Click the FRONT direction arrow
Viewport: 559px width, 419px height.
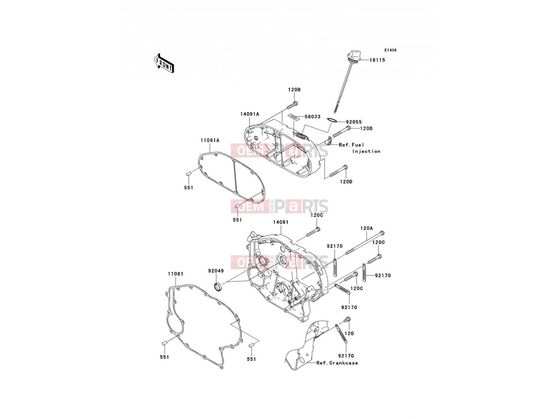(x=164, y=64)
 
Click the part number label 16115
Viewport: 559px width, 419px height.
(x=377, y=60)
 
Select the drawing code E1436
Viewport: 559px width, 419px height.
(x=390, y=50)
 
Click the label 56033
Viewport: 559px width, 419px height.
(x=312, y=117)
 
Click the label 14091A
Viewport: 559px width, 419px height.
(x=249, y=114)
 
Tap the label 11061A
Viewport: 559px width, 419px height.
(x=210, y=140)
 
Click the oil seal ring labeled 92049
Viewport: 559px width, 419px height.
(x=218, y=287)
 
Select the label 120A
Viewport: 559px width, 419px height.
(x=366, y=228)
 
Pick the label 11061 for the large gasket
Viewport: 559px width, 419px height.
(x=175, y=274)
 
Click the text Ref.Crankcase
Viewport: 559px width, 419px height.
(x=337, y=363)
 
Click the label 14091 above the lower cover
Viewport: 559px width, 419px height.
(x=281, y=222)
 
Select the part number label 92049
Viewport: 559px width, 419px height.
(x=216, y=271)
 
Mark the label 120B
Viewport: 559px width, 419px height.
(x=295, y=89)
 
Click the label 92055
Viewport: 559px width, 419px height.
(x=354, y=122)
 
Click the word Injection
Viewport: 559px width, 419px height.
(x=366, y=152)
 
